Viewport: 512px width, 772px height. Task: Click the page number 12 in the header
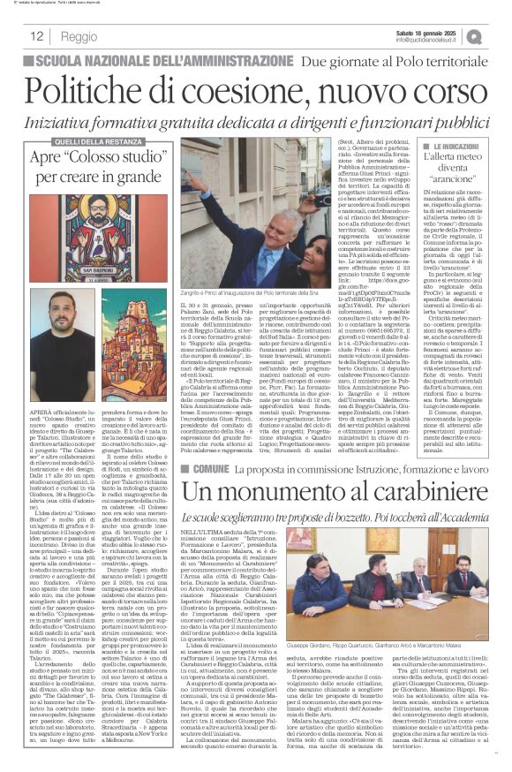click(37, 36)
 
